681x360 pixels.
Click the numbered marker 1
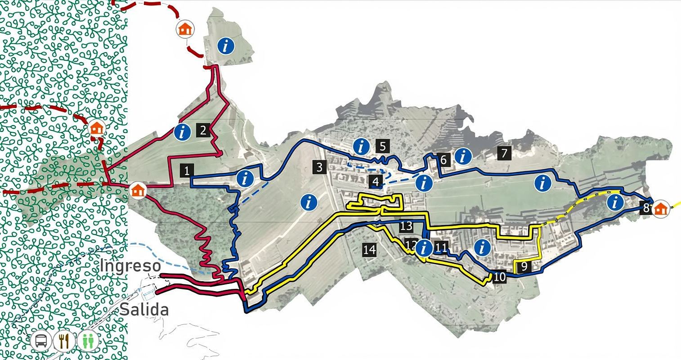click(x=187, y=171)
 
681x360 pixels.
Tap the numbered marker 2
click(x=203, y=130)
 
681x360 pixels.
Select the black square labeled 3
click(x=319, y=167)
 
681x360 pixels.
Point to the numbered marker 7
click(x=504, y=153)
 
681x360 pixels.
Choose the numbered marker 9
click(x=524, y=266)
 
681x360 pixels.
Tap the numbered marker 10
click(x=499, y=277)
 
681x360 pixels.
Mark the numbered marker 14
click(x=369, y=249)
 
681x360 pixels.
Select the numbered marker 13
click(x=405, y=225)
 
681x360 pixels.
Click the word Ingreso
click(x=130, y=266)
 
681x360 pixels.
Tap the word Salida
click(x=144, y=310)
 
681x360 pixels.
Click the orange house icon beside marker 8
click(x=660, y=209)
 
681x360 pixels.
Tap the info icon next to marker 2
click(x=182, y=132)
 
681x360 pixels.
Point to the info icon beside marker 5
click(x=361, y=146)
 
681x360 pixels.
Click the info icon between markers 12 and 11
click(x=424, y=247)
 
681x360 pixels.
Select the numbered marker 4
click(x=376, y=182)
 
